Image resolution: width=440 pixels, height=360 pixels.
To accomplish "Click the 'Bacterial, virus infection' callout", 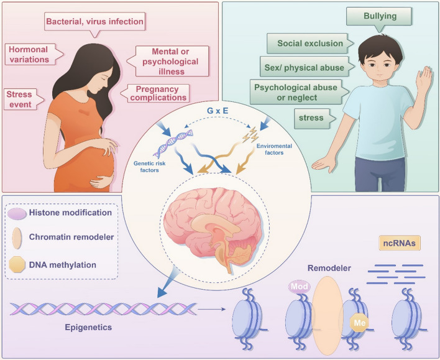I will tap(95, 22).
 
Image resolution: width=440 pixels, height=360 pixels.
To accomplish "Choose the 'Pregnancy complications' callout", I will tap(158, 93).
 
